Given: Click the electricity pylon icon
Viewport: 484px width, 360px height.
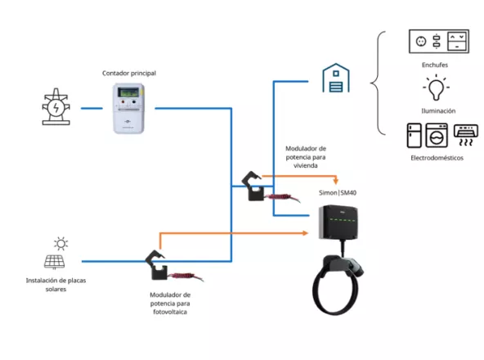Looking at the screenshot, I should pos(56,107).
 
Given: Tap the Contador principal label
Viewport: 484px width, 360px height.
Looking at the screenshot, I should pos(128,73).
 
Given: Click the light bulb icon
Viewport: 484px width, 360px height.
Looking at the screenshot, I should pos(433,87).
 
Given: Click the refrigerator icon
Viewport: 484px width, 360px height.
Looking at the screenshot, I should pos(413,135).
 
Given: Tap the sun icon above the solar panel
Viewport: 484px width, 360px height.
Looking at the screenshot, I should pos(60,243).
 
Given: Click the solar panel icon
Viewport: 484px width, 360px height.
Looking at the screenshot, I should pos(55,262).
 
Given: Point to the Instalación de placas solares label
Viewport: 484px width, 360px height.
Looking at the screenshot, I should pos(56,284).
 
